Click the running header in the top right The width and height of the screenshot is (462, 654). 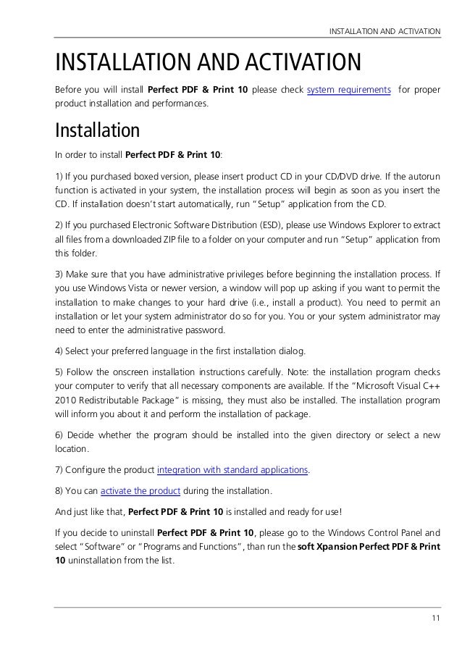pos(385,31)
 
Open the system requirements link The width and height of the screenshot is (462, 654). pos(349,90)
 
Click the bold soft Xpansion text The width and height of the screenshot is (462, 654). pos(329,545)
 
